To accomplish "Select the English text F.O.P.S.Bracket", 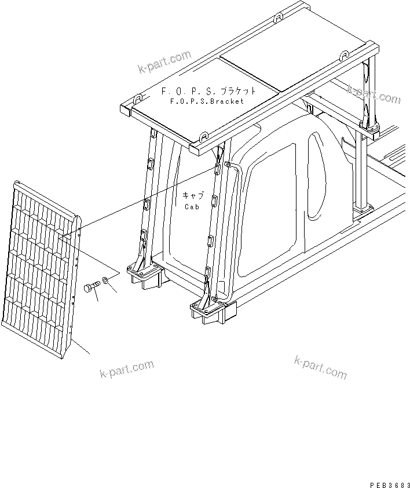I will [207, 101].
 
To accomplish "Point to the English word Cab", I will [192, 206].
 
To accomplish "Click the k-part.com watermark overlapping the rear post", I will [374, 94].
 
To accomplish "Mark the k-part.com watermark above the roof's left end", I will [164, 63].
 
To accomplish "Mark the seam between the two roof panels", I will [249, 74].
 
